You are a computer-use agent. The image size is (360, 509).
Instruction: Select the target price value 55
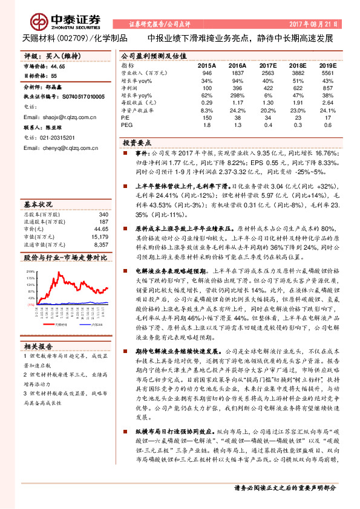(x=54, y=76)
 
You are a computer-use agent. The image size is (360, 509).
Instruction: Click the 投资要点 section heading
(x=137, y=143)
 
